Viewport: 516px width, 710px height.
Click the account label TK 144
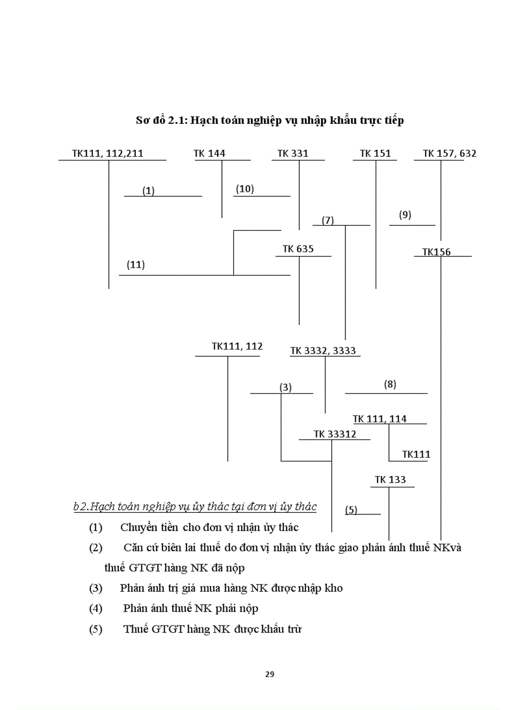209,153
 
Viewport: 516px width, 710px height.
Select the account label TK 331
293,153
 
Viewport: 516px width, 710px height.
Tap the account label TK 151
375,153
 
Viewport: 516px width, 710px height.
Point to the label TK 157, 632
450,153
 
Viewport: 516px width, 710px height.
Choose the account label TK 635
298,249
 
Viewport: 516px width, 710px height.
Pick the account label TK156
436,252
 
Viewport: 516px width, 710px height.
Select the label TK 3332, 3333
323,351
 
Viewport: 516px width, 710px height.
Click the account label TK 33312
335,434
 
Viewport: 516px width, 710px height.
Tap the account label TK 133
390,480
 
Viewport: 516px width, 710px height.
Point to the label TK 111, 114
379,419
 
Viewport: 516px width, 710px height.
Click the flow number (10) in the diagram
245,189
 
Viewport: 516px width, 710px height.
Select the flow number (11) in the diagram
135,265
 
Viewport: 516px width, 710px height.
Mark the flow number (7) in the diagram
328,221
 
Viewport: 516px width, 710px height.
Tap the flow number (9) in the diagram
405,215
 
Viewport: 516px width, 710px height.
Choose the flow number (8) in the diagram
390,384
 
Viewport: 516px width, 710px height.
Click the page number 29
269,674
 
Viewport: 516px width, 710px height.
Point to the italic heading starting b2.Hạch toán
195,507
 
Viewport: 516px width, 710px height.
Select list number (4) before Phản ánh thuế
95,608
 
